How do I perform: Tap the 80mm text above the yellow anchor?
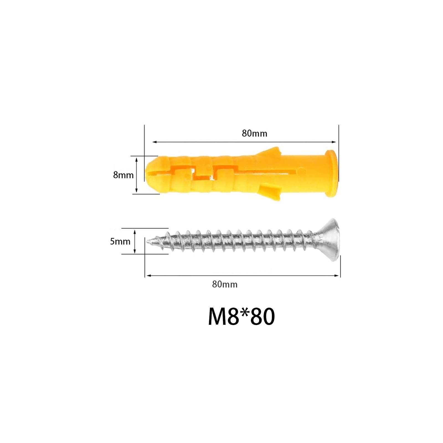tap(254, 133)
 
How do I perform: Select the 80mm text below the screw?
tap(225, 284)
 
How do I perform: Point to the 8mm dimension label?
tap(123, 175)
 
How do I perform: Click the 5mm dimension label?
tap(120, 241)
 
